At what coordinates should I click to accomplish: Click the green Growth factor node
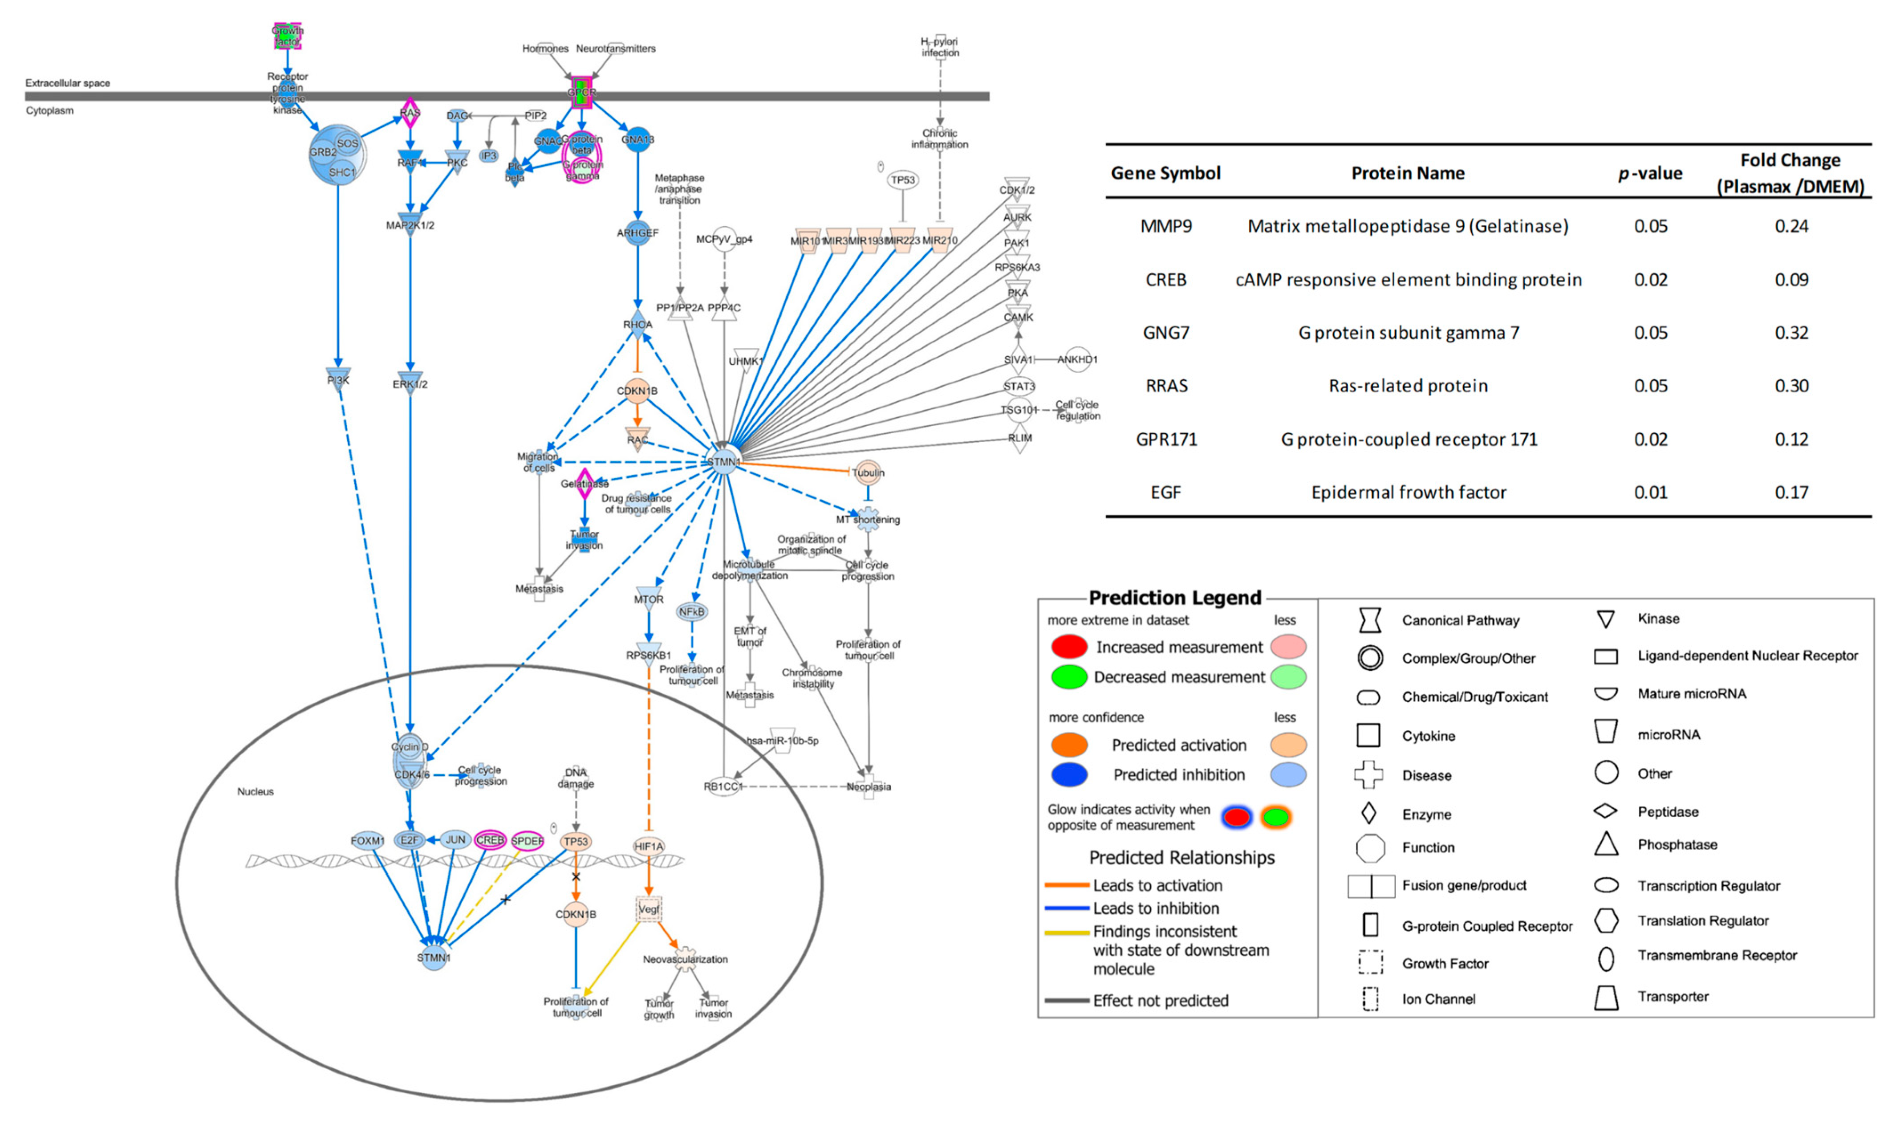287,36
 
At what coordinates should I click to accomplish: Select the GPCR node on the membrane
581,92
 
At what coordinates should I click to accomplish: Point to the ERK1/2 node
410,384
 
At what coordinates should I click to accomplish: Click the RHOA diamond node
637,324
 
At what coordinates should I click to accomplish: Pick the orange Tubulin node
868,472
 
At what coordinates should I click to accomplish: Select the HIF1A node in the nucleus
648,846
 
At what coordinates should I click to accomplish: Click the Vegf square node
648,909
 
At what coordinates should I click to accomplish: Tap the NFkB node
691,611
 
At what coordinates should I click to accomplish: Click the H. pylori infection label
939,47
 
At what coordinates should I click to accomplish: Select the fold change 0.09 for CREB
1791,280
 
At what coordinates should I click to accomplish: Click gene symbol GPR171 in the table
1166,439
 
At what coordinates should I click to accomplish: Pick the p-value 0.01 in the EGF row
1650,493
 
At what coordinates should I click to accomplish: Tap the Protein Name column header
1407,173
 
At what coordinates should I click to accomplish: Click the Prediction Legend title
1174,598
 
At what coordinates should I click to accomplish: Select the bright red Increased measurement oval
1069,647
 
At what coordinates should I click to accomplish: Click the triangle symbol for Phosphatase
1606,844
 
